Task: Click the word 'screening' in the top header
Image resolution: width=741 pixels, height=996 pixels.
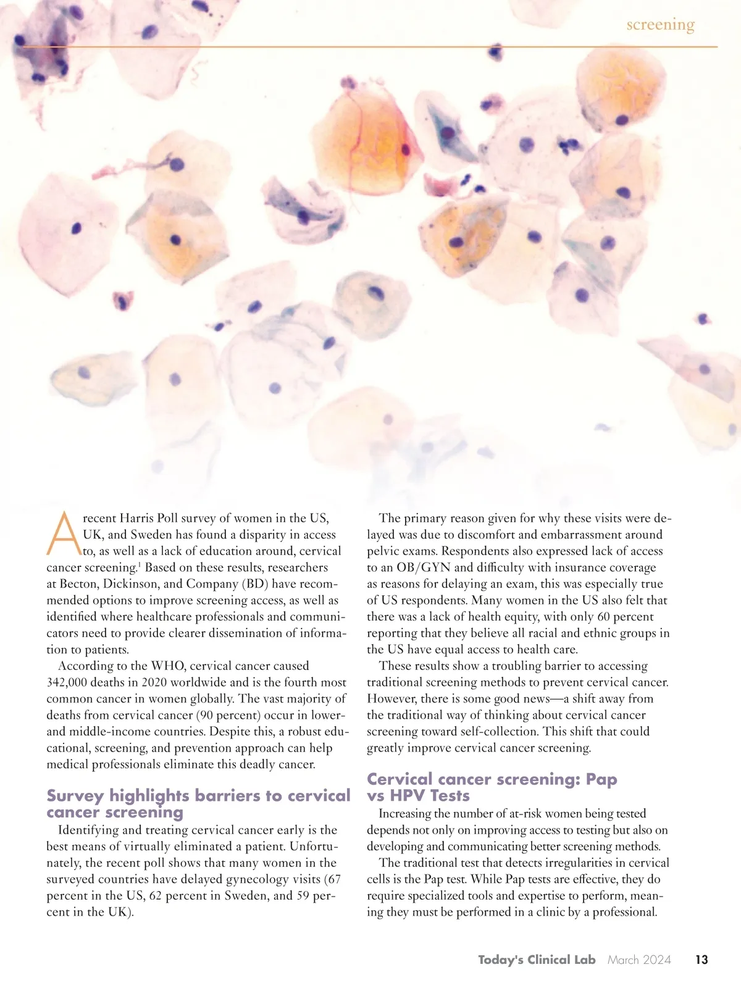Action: (660, 25)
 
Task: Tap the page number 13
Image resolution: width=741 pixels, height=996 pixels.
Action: (701, 960)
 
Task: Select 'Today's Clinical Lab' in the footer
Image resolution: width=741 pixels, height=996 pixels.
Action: (537, 960)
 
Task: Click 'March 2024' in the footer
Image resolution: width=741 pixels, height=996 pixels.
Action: (639, 960)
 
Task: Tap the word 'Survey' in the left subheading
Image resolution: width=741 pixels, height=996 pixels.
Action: (75, 795)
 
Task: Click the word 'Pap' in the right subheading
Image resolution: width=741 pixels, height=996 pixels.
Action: (601, 779)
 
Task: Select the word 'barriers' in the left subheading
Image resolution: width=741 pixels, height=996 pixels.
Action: (226, 795)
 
